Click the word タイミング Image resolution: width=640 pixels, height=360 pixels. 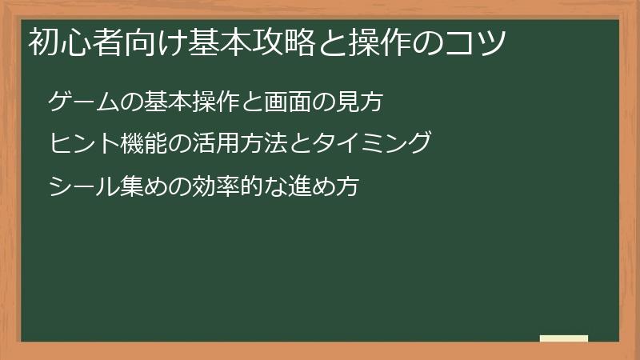374,143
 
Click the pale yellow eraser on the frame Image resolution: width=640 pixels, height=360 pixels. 564,338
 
